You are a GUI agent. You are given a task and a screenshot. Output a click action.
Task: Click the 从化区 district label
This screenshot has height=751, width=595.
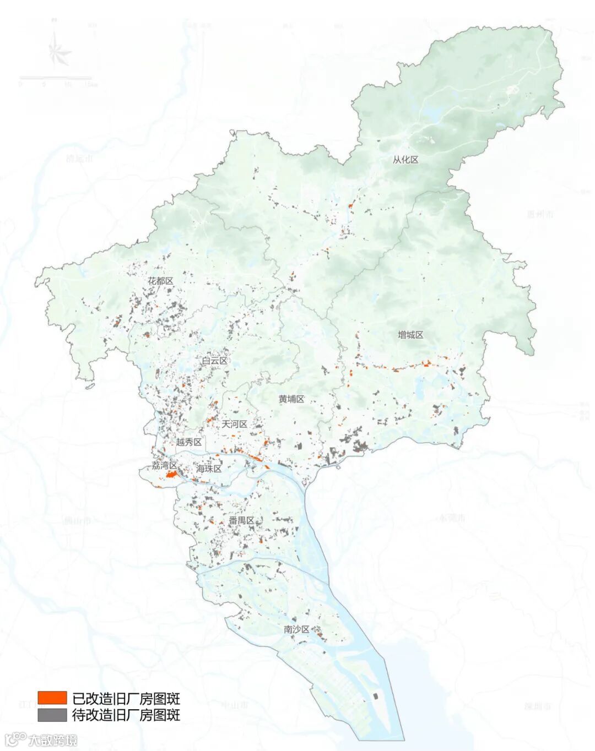coord(405,160)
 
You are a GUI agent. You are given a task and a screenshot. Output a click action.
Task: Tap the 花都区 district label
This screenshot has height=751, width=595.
coord(160,281)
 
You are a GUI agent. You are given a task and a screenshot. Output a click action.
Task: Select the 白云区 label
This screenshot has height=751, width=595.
coord(214,361)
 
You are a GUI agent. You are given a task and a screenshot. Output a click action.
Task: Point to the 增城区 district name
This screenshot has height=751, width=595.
coord(410,335)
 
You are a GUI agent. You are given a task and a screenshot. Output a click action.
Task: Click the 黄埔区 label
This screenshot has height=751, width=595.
coord(291,399)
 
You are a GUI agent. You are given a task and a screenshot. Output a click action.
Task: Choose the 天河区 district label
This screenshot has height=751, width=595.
coord(235,425)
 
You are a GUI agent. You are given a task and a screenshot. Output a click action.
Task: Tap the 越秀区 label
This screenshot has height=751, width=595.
coord(189,442)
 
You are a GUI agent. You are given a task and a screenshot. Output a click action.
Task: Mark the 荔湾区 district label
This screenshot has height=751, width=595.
coord(165,466)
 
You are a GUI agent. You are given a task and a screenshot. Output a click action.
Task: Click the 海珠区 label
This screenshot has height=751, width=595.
coord(209,469)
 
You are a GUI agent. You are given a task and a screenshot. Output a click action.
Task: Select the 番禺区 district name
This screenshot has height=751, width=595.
coord(241,521)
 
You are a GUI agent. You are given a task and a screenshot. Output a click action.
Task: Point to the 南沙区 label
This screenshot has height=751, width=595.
coord(297,629)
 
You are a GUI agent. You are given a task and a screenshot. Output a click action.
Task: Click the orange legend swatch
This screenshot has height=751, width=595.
coord(52,698)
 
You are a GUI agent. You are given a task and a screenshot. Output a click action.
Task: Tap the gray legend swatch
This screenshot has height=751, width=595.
coord(52,715)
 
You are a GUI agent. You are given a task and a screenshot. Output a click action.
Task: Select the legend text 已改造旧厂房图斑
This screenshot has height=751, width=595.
coord(126,699)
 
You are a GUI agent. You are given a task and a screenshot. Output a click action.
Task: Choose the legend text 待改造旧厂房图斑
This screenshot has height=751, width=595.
coord(126,715)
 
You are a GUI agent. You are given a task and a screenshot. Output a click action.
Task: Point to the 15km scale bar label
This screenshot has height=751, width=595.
coord(91,84)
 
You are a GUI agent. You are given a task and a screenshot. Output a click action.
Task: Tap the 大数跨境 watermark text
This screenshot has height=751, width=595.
coord(53,739)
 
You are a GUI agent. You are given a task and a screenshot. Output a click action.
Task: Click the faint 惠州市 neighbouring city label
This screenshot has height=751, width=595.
coord(539,214)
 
